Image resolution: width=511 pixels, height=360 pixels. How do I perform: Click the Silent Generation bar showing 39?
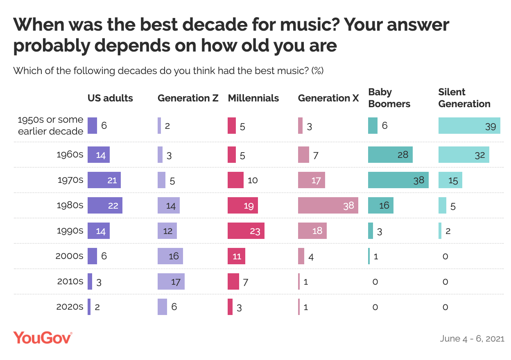click(x=469, y=126)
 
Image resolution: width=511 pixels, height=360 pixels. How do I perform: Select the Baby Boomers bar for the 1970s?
click(x=398, y=180)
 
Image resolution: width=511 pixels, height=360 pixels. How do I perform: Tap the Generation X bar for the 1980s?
click(x=328, y=205)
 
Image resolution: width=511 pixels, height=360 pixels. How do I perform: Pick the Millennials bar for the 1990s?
click(x=246, y=231)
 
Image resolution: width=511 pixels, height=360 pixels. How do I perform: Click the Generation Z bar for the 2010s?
click(x=171, y=281)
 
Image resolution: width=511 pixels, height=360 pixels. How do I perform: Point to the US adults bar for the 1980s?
click(x=105, y=205)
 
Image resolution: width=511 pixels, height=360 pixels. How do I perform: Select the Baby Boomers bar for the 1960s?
click(x=390, y=155)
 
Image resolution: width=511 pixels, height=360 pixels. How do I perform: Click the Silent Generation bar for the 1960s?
click(x=464, y=155)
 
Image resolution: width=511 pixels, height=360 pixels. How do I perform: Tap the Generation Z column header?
click(x=188, y=98)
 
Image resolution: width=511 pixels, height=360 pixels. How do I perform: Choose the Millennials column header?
click(x=253, y=98)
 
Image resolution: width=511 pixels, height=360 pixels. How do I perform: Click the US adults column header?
click(x=110, y=98)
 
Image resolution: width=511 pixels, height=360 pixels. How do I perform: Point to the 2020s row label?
click(x=70, y=307)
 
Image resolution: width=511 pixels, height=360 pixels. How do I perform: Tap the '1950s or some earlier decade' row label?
click(x=51, y=126)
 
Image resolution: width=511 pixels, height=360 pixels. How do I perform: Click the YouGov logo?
click(x=43, y=338)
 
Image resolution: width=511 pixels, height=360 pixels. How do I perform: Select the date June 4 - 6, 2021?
click(x=472, y=339)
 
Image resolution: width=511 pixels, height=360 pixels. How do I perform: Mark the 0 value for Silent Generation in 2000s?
click(x=445, y=256)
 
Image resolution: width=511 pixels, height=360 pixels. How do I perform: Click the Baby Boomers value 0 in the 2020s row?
click(x=375, y=307)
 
